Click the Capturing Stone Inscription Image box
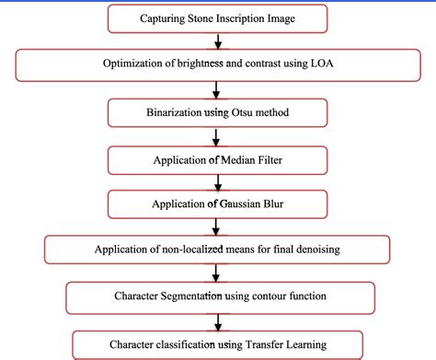click(218, 17)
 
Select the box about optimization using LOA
click(218, 64)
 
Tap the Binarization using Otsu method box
click(218, 111)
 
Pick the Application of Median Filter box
click(218, 158)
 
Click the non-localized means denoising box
click(218, 250)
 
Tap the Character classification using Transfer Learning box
click(218, 344)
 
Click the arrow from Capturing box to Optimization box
click(218, 41)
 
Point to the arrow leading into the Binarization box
click(218, 87)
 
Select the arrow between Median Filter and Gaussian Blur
click(218, 181)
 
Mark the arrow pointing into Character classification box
click(218, 321)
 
